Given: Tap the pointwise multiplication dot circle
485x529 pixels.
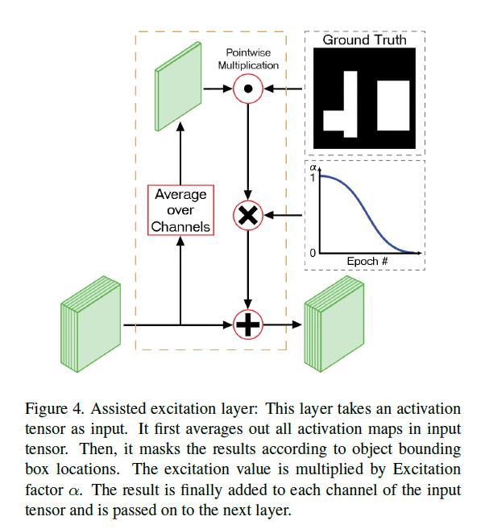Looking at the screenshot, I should [248, 90].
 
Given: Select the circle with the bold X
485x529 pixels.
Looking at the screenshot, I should [248, 215].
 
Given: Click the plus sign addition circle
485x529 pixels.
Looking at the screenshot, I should [248, 325].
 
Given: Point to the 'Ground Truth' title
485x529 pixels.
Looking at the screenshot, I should [364, 39].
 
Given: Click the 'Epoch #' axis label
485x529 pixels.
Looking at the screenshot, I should [368, 261].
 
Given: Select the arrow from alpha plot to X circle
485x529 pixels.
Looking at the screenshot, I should [284, 215].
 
